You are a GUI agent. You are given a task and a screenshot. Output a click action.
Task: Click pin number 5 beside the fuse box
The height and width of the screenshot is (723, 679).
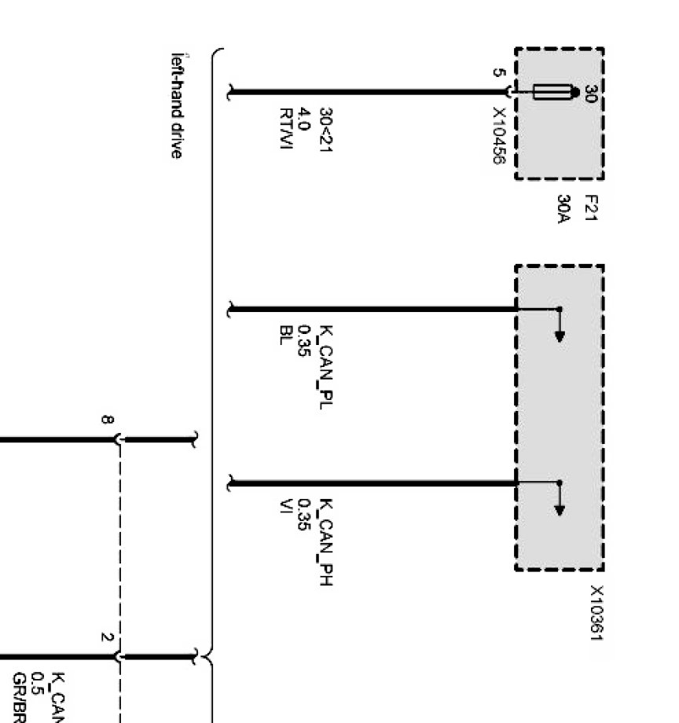click(x=497, y=73)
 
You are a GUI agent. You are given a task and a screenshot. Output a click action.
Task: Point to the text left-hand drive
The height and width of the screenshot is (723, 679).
click(x=178, y=105)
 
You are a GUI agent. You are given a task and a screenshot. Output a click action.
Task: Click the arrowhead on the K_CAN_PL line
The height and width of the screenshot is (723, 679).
click(x=559, y=336)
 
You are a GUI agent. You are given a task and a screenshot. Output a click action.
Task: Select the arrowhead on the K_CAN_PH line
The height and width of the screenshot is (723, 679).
click(x=559, y=510)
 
